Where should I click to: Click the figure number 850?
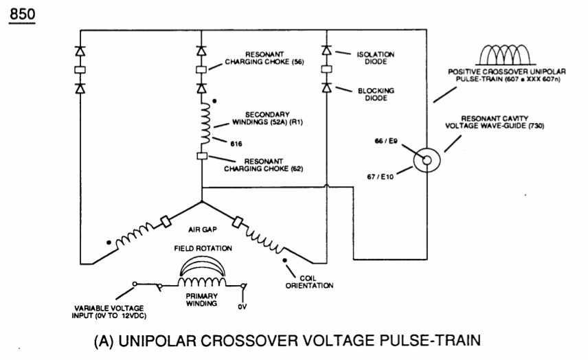click(x=22, y=14)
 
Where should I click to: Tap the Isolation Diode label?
click(x=375, y=58)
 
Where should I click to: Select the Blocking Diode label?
click(x=376, y=94)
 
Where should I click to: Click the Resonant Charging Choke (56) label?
click(x=264, y=58)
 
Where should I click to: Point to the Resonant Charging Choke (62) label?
click(x=263, y=165)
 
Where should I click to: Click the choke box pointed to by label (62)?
click(x=202, y=156)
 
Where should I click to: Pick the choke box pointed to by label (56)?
click(x=201, y=69)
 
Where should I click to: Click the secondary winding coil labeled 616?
click(x=205, y=124)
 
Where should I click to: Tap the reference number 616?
click(x=236, y=144)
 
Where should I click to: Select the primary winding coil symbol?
click(x=202, y=281)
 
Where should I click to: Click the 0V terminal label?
click(x=242, y=306)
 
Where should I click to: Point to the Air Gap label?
click(x=203, y=229)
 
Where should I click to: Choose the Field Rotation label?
click(x=203, y=248)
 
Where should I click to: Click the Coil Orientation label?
click(x=309, y=282)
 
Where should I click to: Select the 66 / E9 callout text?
click(x=386, y=141)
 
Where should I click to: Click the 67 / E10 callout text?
click(x=381, y=177)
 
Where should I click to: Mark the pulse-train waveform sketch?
click(x=506, y=55)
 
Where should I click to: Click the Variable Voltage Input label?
click(x=109, y=312)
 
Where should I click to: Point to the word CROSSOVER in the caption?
click(x=248, y=341)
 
